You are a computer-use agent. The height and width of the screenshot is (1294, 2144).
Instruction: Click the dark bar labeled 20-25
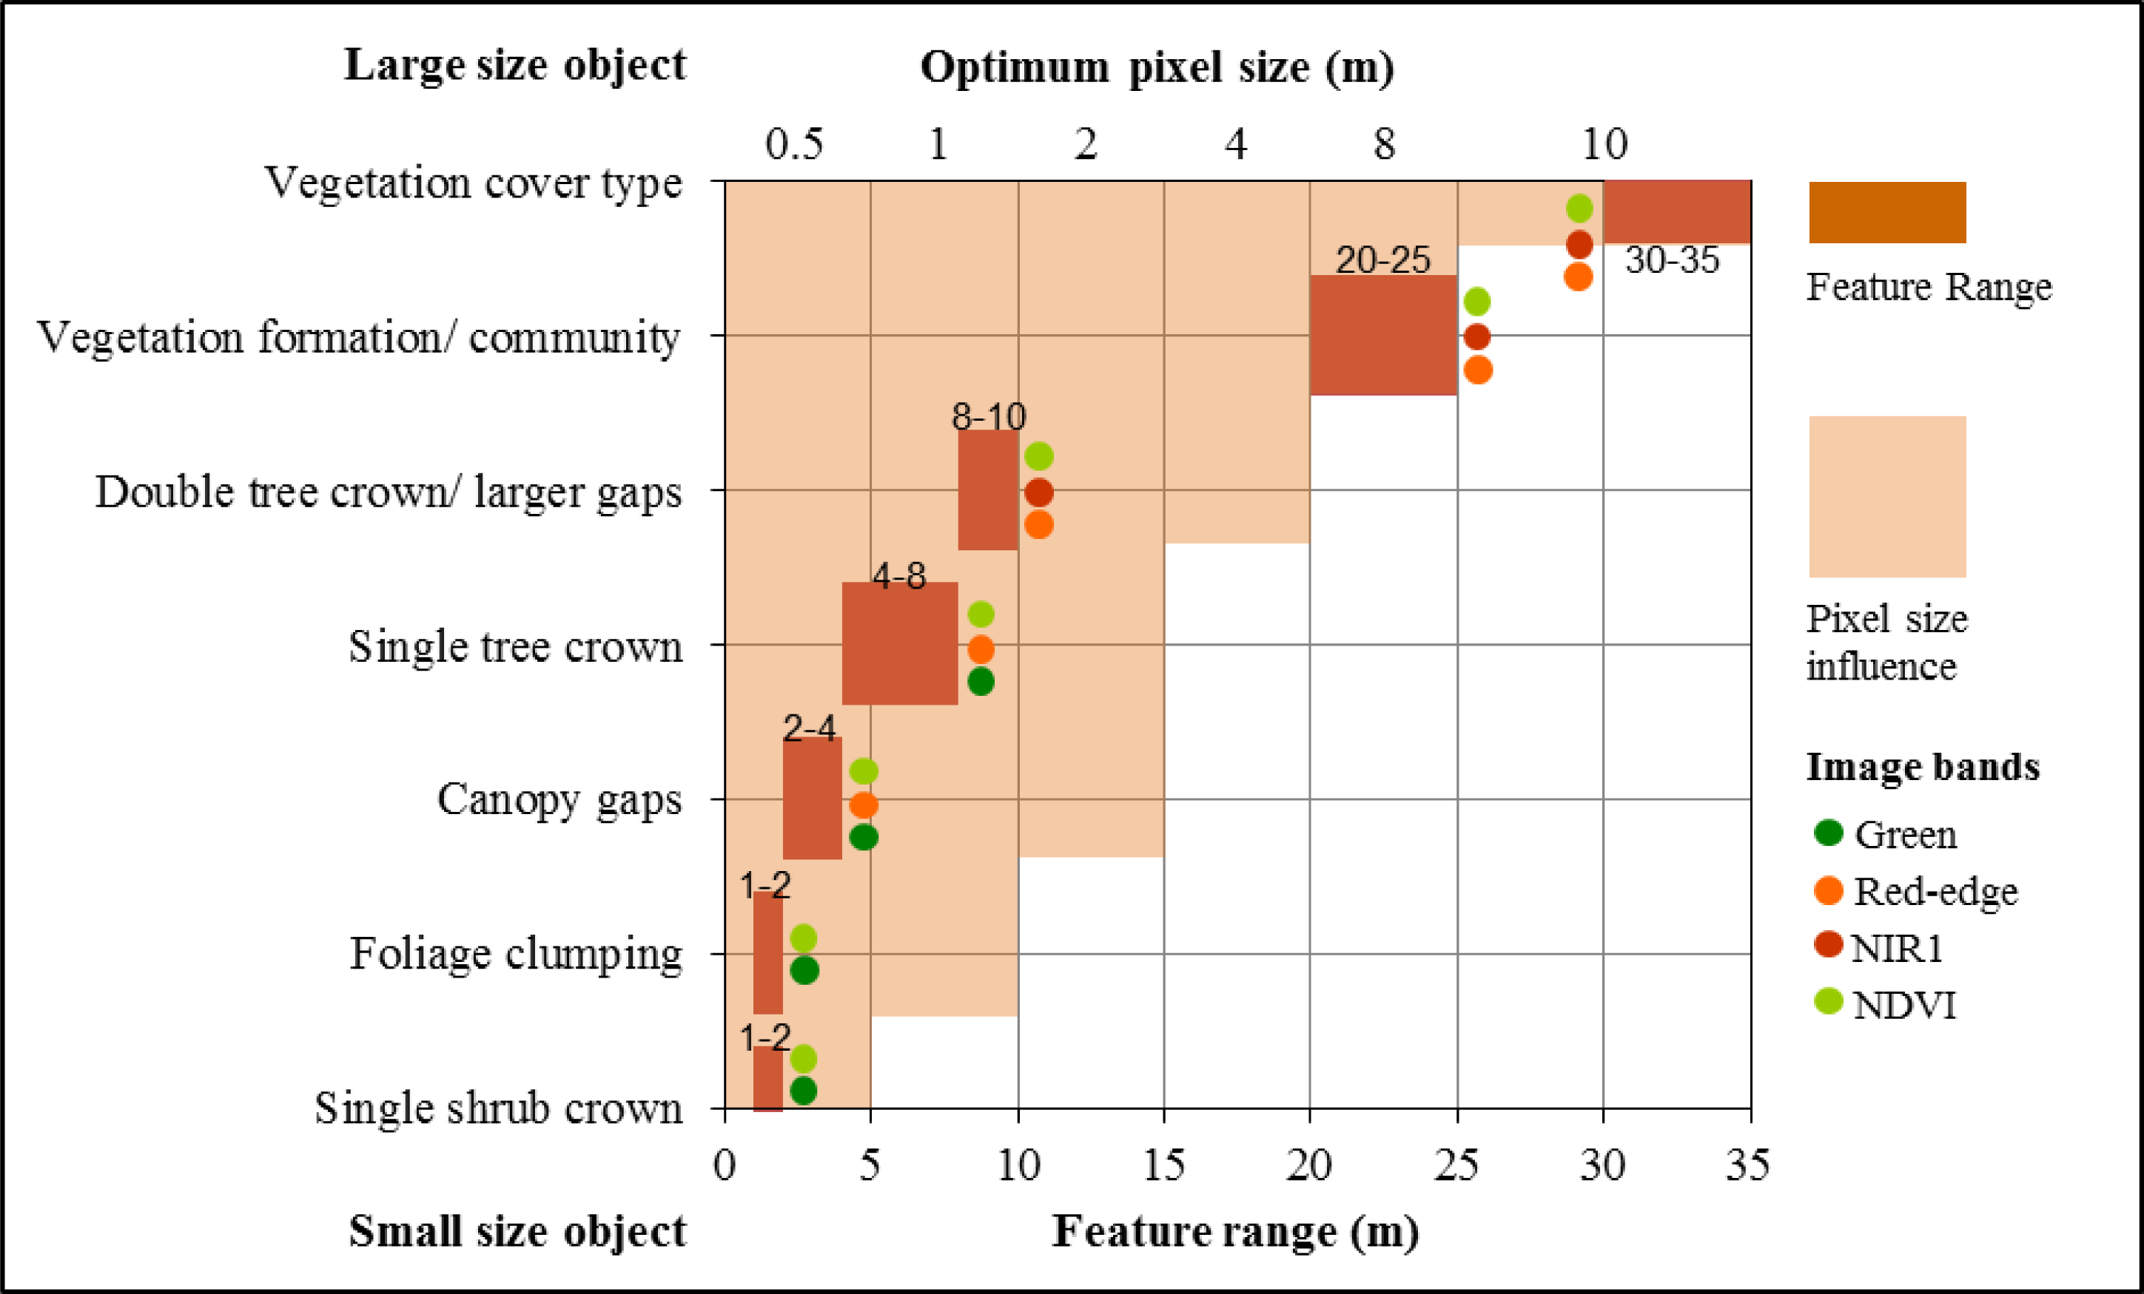[x=1382, y=336]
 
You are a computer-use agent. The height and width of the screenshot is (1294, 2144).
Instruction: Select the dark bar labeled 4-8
[x=900, y=643]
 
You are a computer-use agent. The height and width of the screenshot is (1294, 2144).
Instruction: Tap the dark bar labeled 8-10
[x=987, y=490]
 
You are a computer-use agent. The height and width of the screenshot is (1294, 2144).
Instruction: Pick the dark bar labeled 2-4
[x=812, y=799]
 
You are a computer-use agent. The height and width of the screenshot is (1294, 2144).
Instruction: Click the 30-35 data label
[x=1672, y=261]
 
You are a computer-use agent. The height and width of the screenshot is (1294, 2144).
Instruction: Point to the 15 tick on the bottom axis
[x=1163, y=1165]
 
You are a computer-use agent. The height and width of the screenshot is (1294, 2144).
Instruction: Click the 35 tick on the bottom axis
[x=1747, y=1165]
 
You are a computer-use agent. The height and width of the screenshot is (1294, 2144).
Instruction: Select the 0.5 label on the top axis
[x=793, y=144]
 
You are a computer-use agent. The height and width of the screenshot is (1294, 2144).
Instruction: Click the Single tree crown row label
[x=515, y=647]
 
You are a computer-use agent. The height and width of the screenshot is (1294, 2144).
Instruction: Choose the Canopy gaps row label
[x=559, y=800]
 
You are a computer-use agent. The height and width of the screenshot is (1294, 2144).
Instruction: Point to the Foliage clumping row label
[x=515, y=954]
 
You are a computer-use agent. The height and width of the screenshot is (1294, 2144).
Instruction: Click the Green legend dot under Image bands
[x=1828, y=833]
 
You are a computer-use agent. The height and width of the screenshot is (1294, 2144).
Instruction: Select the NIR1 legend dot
[x=1828, y=944]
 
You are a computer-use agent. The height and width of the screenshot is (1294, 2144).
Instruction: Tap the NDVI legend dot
[x=1828, y=1002]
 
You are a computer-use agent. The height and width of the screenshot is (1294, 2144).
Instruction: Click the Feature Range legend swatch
[x=1886, y=212]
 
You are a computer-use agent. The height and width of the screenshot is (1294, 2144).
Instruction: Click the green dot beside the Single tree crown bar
[x=981, y=682]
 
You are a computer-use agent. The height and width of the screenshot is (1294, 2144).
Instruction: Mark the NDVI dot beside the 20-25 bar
[x=1476, y=302]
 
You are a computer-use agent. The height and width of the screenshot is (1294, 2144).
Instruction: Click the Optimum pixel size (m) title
[x=1157, y=67]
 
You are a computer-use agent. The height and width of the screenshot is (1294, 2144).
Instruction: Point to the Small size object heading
[x=517, y=1231]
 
